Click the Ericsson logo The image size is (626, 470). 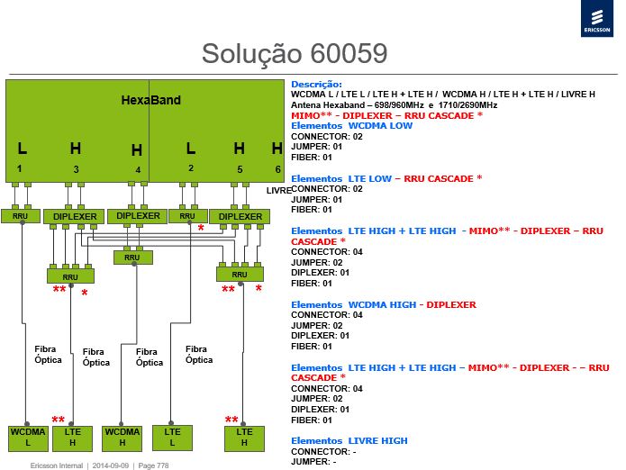pos(597,18)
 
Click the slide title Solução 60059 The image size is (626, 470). pos(295,53)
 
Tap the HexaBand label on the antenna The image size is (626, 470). pos(151,100)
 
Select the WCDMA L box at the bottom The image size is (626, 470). pos(28,438)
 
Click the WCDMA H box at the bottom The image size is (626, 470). pos(122,438)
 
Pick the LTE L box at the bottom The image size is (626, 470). pos(172,438)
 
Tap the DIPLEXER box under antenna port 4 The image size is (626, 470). pos(138,216)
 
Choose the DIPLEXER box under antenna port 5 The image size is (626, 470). pos(240,217)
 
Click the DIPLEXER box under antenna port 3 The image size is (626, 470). pos(75,217)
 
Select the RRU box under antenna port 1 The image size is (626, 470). pos(21,216)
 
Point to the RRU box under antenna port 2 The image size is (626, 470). pos(187,216)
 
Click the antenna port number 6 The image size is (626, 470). pos(277,169)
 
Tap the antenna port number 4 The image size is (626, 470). pos(138,170)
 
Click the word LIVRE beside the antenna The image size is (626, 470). pos(278,191)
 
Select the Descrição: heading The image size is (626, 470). pos(316,84)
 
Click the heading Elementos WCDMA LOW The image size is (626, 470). pos(351,126)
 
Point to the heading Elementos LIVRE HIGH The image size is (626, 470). pos(349,441)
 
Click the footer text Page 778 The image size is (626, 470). pos(153,465)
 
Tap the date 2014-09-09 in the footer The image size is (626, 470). pos(111,465)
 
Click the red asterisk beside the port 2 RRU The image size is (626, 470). pos(201,228)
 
